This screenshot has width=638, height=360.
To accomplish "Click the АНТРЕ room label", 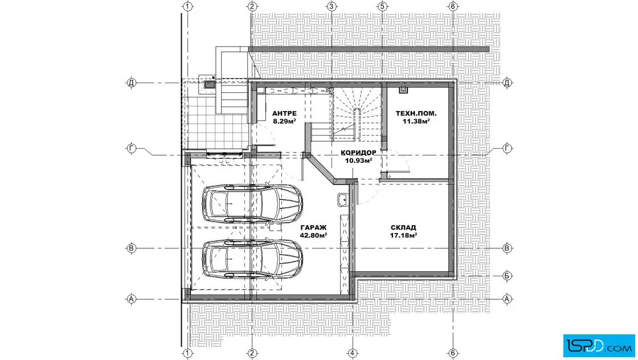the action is point(284,113).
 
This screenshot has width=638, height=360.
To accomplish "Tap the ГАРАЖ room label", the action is point(314,227).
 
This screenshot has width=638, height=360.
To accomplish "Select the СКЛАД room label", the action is point(403,227).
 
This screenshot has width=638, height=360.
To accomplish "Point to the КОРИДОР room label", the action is point(358,153).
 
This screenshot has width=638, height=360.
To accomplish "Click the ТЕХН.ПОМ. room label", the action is point(416,113).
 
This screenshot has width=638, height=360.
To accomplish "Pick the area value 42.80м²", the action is point(314,235).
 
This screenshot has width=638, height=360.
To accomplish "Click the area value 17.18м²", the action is point(403,235).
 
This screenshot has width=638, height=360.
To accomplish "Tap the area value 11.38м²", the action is point(416,121).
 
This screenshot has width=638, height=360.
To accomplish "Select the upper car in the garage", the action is point(253,203).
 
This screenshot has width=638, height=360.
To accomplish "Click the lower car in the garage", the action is point(253,259).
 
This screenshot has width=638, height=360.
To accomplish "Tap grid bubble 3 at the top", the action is point(331,6).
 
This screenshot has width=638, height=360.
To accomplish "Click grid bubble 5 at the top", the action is point(382,6).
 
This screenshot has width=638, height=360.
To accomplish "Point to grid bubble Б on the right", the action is point(507,276).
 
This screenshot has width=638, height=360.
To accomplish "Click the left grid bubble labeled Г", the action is point(131,149).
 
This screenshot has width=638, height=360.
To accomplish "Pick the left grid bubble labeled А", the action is point(131,299).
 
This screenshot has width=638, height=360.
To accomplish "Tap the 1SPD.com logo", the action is point(599,346).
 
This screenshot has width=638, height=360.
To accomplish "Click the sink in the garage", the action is point(342,200).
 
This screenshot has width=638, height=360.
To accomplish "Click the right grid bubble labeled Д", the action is point(507,83).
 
